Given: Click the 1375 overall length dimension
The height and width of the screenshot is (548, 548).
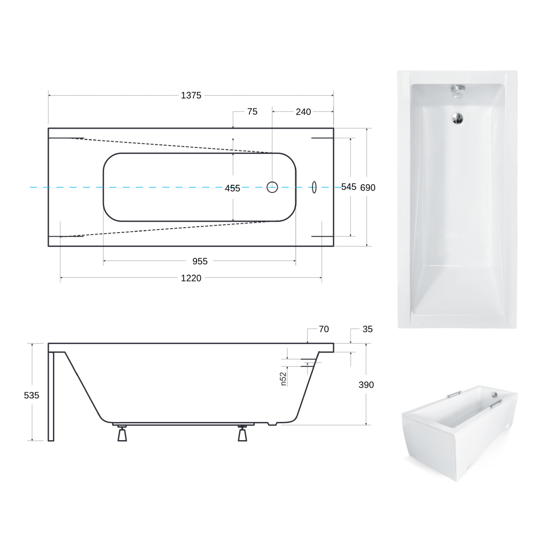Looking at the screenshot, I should click(x=191, y=96).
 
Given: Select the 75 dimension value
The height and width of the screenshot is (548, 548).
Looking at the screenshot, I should click(x=252, y=112).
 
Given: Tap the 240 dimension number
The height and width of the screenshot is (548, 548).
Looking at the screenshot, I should click(x=303, y=112).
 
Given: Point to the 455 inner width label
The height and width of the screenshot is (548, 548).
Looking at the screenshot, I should click(x=232, y=188).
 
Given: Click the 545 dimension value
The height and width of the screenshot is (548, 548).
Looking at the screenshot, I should click(x=349, y=187).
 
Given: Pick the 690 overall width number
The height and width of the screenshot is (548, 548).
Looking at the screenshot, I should click(x=368, y=188).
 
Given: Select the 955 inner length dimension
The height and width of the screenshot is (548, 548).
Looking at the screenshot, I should click(x=200, y=261).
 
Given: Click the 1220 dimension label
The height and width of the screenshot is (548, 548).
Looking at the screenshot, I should click(x=191, y=278).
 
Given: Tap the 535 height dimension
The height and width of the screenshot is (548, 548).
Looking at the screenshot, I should click(x=32, y=395).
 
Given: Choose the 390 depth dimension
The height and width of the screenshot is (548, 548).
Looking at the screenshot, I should click(x=366, y=385).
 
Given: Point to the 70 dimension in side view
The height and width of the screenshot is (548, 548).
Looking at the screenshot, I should click(x=324, y=329).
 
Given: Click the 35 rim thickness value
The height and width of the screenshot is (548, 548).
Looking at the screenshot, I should click(x=367, y=329).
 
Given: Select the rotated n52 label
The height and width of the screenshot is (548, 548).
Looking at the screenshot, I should click(x=283, y=378).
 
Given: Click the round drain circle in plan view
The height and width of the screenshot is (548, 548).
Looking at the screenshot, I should click(x=272, y=187).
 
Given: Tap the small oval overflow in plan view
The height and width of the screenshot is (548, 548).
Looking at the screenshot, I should click(x=314, y=187).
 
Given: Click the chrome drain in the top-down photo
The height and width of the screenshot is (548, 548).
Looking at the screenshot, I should click(x=458, y=118).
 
